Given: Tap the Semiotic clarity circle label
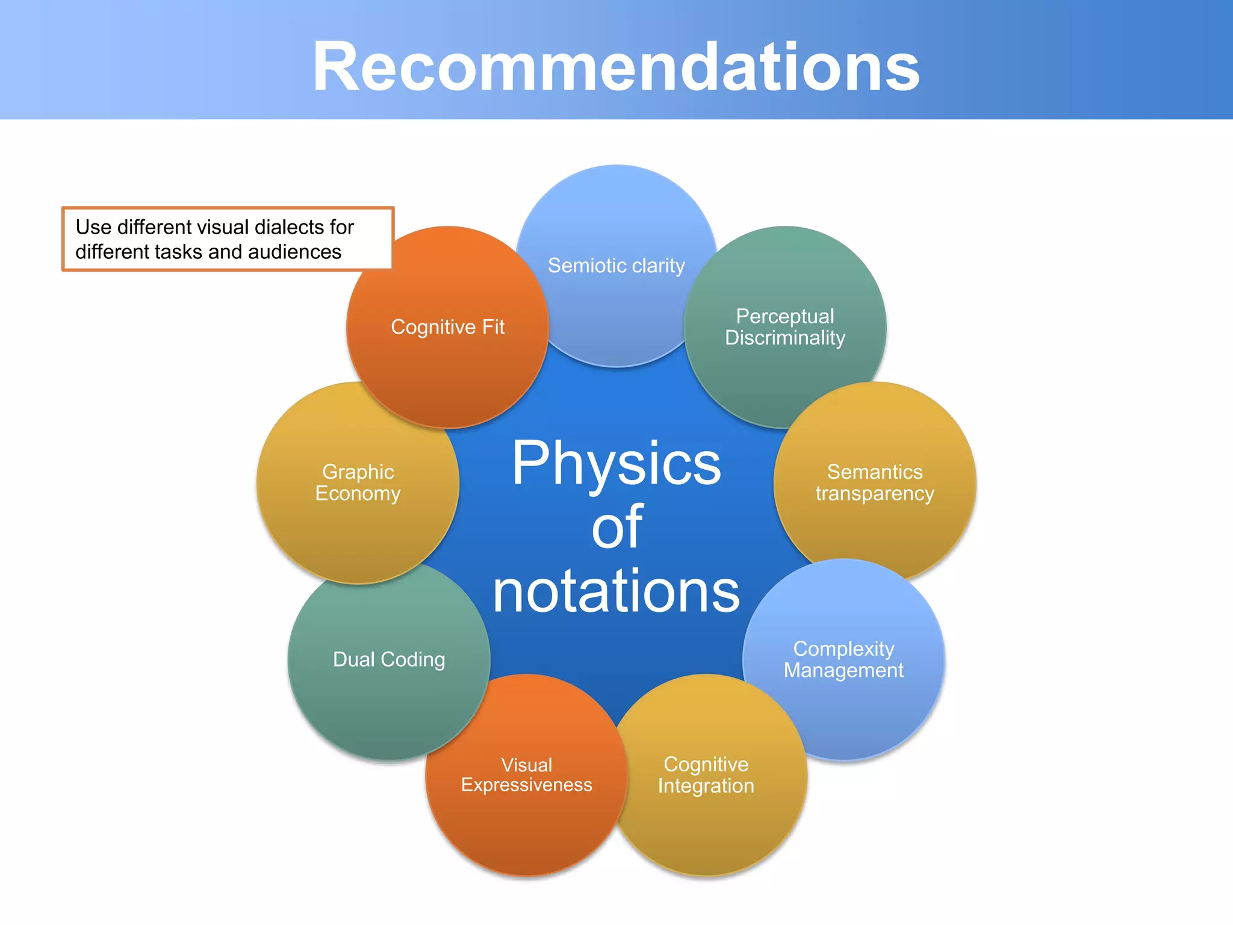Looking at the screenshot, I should point(616,266).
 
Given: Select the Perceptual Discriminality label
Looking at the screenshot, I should point(784,327).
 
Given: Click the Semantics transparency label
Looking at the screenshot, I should point(874,482).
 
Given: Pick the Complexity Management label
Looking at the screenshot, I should point(843,659).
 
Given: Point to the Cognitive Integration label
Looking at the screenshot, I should point(706,775).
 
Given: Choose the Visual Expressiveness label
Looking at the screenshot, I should point(526,775).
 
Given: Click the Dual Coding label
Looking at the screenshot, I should point(389,659).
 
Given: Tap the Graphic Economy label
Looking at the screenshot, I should point(358,482).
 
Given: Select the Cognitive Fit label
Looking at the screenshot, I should point(447,327).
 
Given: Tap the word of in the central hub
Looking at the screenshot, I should point(617,528).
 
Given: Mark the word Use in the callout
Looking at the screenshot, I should point(93,227).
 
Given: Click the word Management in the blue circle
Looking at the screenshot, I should point(843,670).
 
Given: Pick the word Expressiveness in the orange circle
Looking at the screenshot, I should point(526,785).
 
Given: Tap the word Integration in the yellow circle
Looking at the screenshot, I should point(706,786).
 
